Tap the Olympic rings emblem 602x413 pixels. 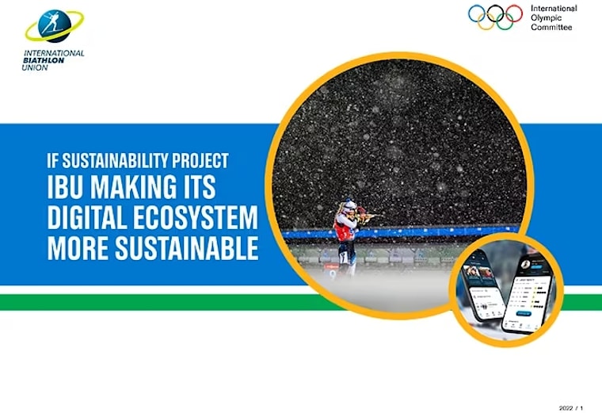(495, 17)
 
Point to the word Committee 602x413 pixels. (552, 27)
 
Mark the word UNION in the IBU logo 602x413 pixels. (35, 68)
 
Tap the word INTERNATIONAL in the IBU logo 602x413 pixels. (54, 53)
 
